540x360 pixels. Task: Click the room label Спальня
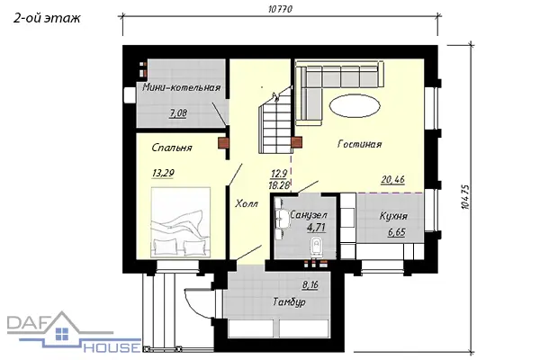point(172,148)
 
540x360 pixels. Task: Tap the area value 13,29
point(163,173)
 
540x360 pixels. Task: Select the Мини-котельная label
point(181,87)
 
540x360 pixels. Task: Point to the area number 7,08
point(178,113)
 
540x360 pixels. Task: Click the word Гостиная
point(359,144)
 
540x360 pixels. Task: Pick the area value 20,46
point(393,179)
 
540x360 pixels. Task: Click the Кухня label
point(393,216)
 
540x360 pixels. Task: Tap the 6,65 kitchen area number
point(397,232)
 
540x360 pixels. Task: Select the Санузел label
point(309,215)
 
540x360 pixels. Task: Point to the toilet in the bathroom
point(316,247)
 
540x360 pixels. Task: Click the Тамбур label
point(289,301)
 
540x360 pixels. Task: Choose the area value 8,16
point(310,285)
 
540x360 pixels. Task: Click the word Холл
point(247,203)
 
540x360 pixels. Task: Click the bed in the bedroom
point(181,222)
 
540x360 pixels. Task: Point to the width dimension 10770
point(280,9)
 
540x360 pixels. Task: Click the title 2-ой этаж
point(47,18)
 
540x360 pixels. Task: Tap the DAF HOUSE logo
point(74,332)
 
